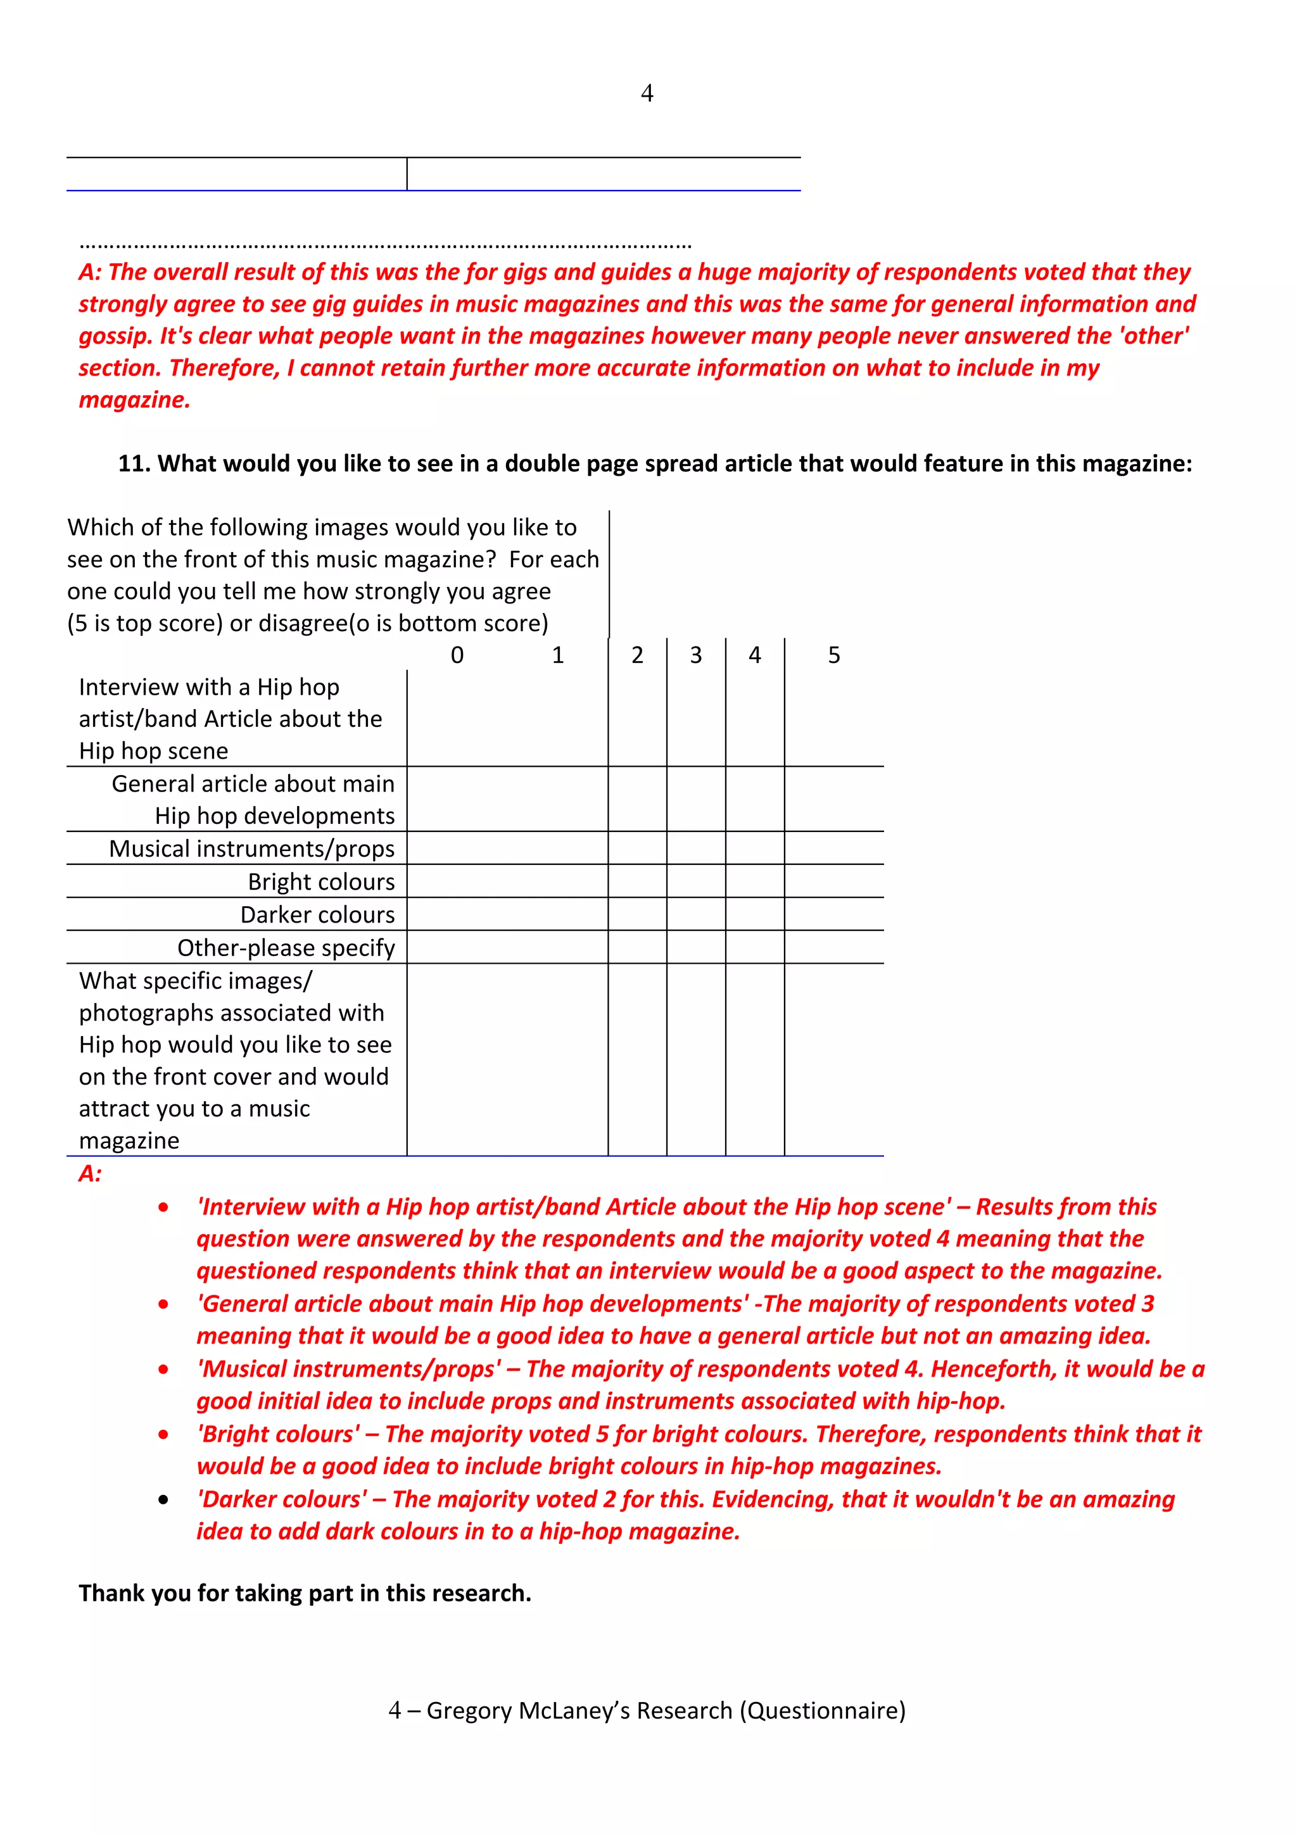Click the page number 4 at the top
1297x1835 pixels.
[647, 94]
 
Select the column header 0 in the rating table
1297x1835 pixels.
[457, 655]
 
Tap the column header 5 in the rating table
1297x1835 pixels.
[833, 655]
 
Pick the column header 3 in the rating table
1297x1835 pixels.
[695, 655]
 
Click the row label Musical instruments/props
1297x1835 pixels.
[251, 848]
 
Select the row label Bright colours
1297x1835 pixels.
[321, 881]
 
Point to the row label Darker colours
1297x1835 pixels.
[317, 914]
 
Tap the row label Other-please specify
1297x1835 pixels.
[286, 948]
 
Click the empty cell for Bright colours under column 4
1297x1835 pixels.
[754, 881]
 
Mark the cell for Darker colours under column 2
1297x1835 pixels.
[637, 914]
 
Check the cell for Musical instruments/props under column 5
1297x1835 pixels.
[833, 848]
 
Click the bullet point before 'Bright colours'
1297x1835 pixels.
[164, 1435]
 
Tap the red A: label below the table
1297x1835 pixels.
[91, 1174]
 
